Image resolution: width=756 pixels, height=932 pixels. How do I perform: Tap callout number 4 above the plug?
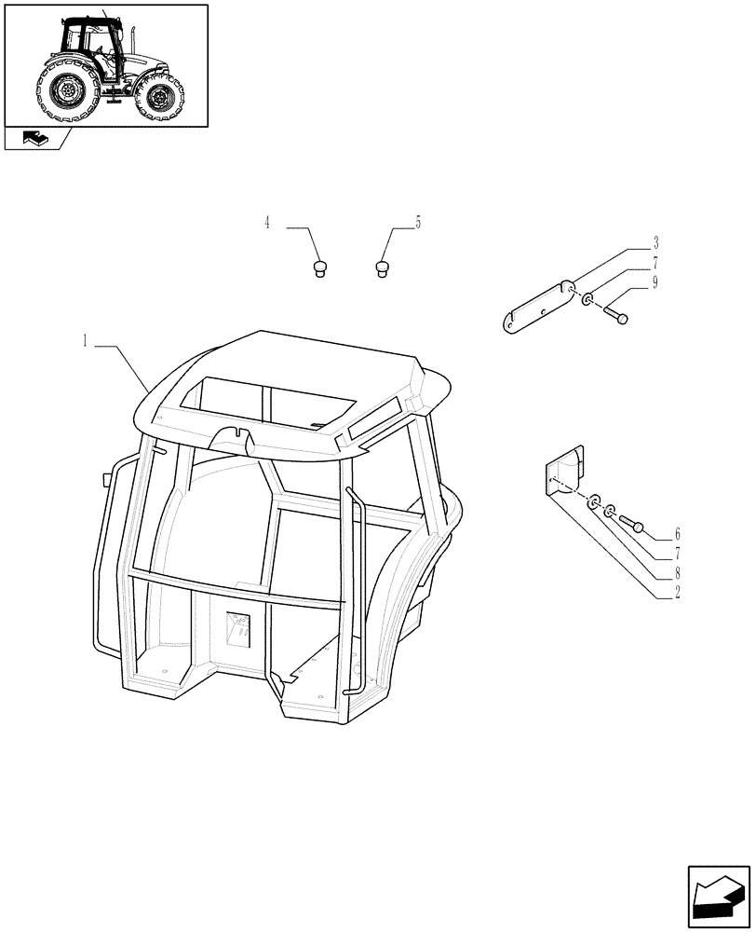(268, 223)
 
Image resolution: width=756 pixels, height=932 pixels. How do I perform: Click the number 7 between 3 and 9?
(655, 264)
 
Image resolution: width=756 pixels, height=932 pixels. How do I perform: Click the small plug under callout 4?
(318, 269)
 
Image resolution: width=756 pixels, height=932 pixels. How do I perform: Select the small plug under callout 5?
(381, 268)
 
